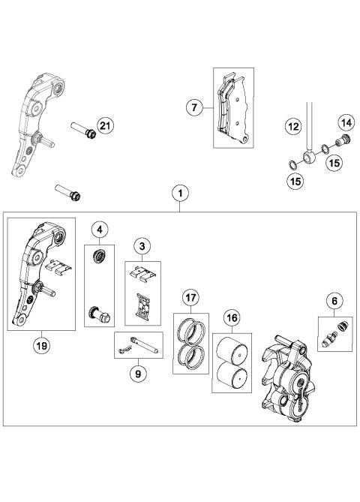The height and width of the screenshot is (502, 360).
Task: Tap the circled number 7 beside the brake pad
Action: coord(194,108)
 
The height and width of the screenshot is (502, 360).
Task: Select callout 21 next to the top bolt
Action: coord(105,126)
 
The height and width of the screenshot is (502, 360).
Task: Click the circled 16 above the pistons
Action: coord(232,317)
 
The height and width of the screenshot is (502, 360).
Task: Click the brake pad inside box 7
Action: coord(232,109)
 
